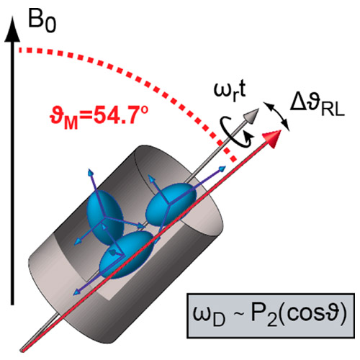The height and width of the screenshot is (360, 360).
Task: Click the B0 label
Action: click(42, 22)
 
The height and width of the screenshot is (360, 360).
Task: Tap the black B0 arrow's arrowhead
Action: click(12, 30)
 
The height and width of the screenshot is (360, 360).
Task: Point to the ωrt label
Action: click(230, 92)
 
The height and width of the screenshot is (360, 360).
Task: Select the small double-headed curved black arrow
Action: click(276, 116)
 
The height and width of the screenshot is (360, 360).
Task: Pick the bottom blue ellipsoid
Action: click(127, 255)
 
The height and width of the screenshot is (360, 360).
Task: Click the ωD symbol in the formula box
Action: click(210, 316)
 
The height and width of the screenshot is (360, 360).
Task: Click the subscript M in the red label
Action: click(71, 123)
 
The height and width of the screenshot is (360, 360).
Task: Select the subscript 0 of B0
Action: click(51, 26)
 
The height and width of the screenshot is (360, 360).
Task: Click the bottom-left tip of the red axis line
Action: click(22, 351)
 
